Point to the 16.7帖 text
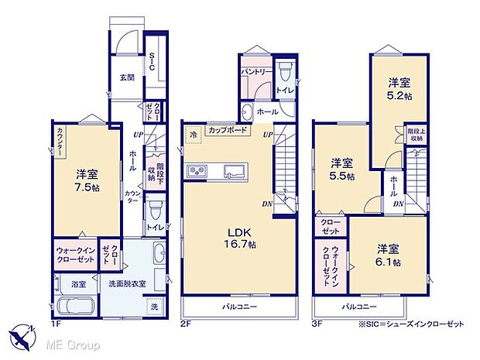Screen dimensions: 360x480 (238, 244)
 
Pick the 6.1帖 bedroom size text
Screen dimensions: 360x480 (389, 262)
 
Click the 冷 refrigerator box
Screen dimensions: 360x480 (193, 134)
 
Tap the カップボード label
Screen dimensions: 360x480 (228, 130)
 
